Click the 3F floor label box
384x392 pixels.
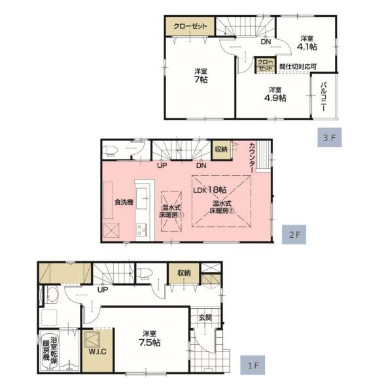[330, 137]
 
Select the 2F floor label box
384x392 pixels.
[294, 235]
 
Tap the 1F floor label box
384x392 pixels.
[253, 365]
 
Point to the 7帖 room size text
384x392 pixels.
[201, 80]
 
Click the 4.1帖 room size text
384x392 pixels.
[307, 46]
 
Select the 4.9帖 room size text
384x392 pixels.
[275, 98]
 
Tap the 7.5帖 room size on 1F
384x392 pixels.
[149, 342]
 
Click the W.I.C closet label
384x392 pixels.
[97, 351]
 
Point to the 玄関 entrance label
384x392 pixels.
[205, 318]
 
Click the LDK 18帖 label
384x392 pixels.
[210, 189]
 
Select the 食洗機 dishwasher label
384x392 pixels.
[124, 202]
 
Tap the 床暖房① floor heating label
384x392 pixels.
[171, 215]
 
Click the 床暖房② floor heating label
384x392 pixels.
[222, 210]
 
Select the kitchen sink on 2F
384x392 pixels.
[142, 199]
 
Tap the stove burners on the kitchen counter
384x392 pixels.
[142, 230]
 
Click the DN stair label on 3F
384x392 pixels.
[266, 42]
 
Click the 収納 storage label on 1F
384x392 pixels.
[184, 272]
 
